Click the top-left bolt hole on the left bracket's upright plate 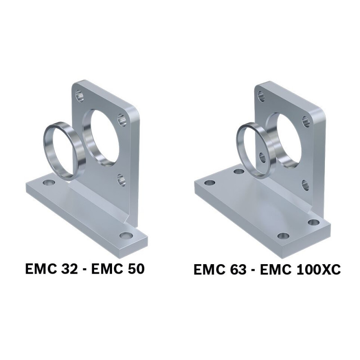coord(80,95)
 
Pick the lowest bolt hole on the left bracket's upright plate coord(121,180)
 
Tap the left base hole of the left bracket coord(49,183)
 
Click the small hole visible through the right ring coord(262,157)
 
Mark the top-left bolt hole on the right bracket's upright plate coord(261,96)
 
